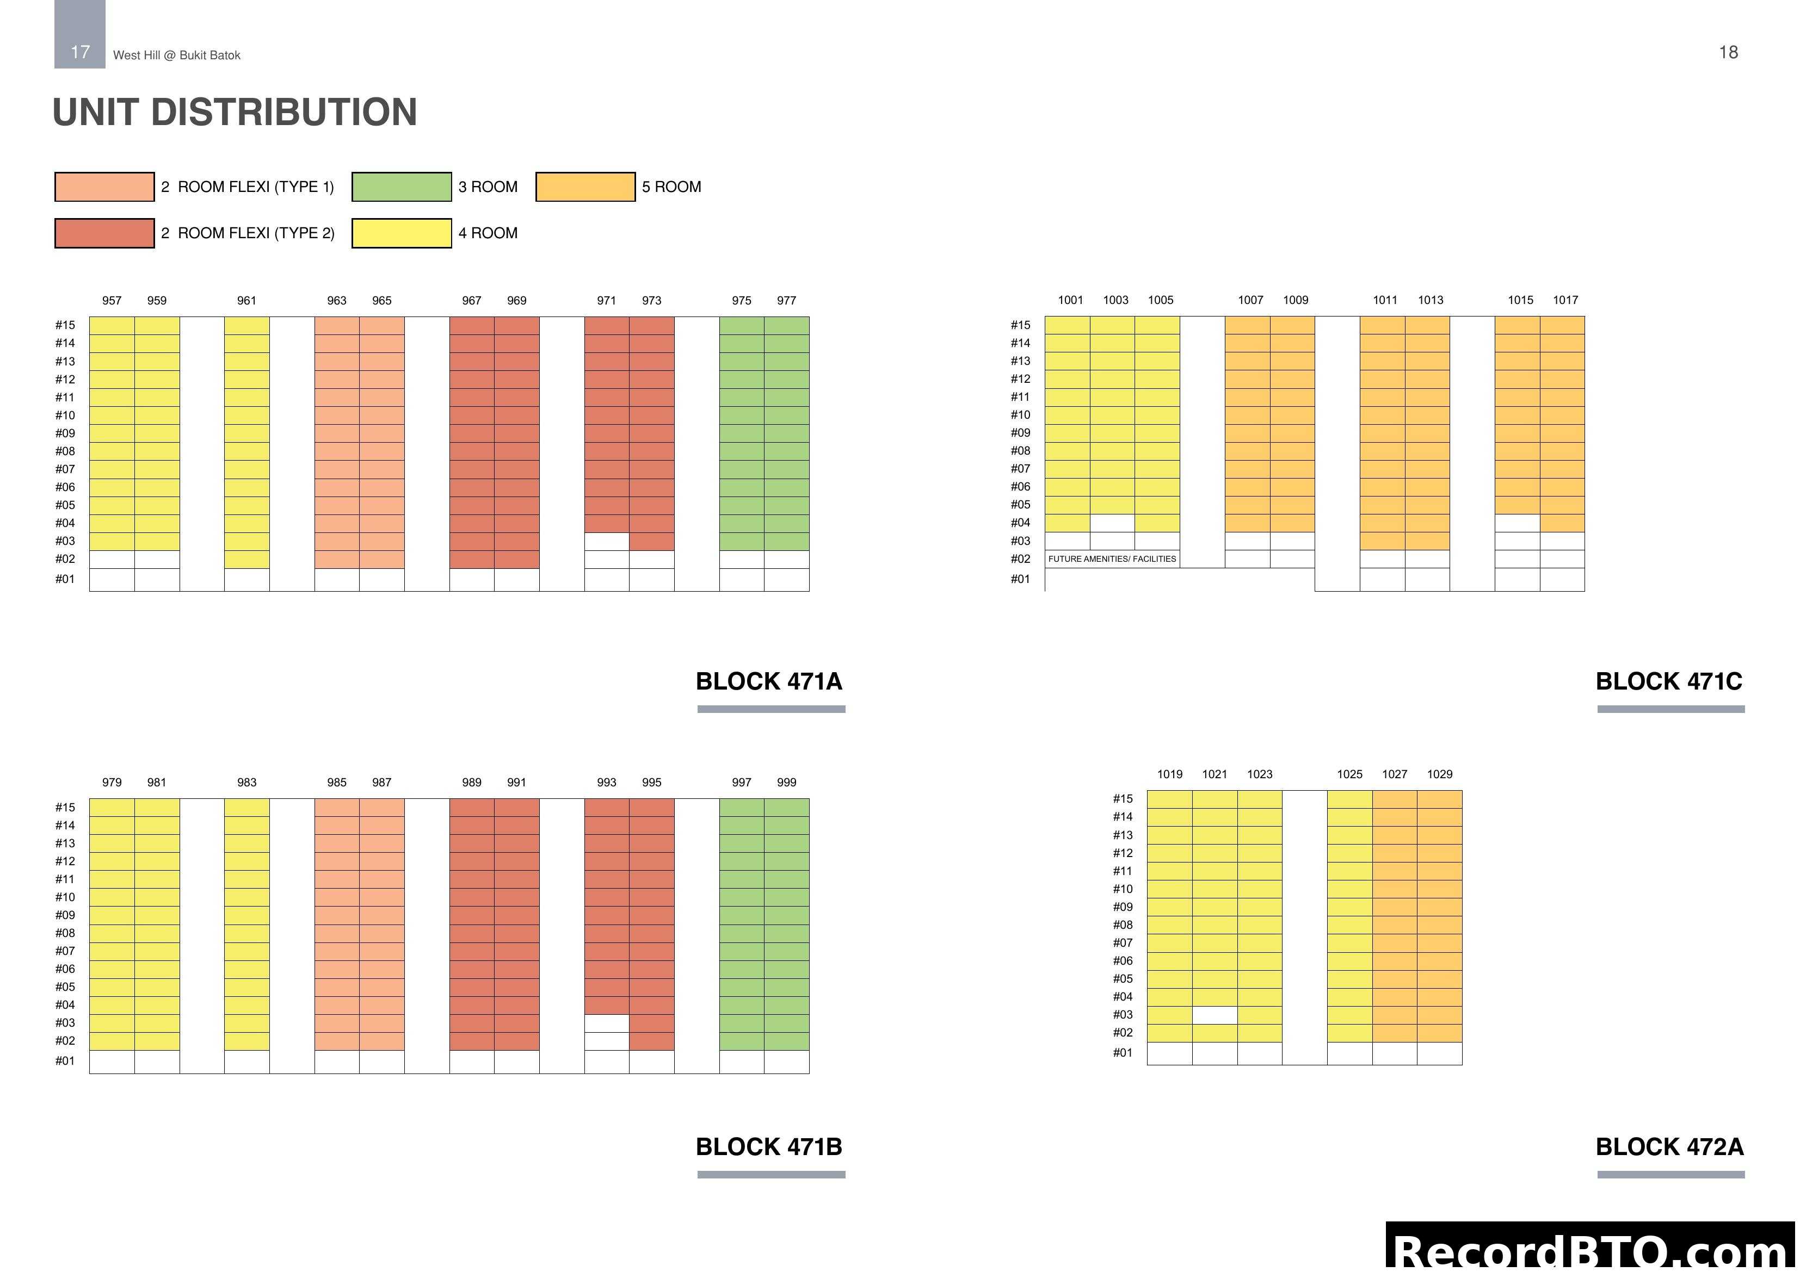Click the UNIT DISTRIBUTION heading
tap(235, 112)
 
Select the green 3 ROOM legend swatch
tap(402, 187)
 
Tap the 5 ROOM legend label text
tap(671, 187)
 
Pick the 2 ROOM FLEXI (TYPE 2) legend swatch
tap(104, 233)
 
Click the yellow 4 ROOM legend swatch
tap(402, 233)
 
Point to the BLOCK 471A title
tap(768, 681)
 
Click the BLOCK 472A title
tap(1669, 1146)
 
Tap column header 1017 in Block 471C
tap(1565, 300)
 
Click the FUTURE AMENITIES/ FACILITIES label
tap(1112, 559)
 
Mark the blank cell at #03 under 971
tap(606, 541)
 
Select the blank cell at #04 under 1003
tap(1112, 523)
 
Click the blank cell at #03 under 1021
tap(1215, 1015)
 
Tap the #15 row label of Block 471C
tap(1020, 325)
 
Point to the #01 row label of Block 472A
tap(1123, 1052)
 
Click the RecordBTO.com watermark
tap(1592, 1251)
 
